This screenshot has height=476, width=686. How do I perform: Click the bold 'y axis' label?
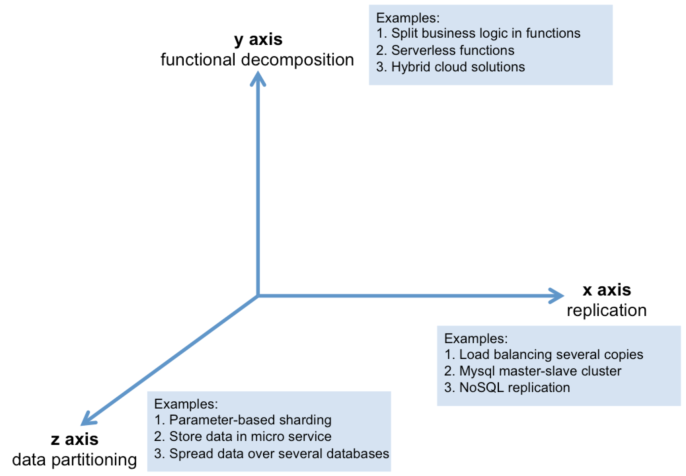click(x=258, y=40)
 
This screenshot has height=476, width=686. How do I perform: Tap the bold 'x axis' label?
click(x=607, y=290)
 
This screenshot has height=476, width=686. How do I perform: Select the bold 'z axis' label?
click(x=75, y=439)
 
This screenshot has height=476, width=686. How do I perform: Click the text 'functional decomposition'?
click(x=257, y=60)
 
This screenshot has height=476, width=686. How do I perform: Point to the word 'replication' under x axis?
click(x=607, y=310)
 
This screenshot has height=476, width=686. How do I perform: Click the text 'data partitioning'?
click(x=75, y=460)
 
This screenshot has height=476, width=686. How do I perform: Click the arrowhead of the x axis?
click(x=556, y=295)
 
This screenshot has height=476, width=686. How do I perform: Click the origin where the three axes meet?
click(x=258, y=295)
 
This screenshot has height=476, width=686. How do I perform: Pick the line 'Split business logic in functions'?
click(x=478, y=33)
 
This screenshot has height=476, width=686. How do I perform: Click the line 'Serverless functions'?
click(x=445, y=50)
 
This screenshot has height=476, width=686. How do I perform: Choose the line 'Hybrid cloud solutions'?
click(x=450, y=67)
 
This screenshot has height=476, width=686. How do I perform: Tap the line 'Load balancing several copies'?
click(x=544, y=355)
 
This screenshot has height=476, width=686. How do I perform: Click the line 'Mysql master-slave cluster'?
click(x=533, y=371)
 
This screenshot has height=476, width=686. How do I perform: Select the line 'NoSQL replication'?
click(x=507, y=388)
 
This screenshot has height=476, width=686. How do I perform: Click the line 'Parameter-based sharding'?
click(x=243, y=420)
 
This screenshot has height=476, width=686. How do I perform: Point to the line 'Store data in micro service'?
click(x=243, y=437)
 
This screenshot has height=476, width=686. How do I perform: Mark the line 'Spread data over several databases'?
click(x=272, y=454)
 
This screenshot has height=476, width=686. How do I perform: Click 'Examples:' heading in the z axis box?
click(x=186, y=404)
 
